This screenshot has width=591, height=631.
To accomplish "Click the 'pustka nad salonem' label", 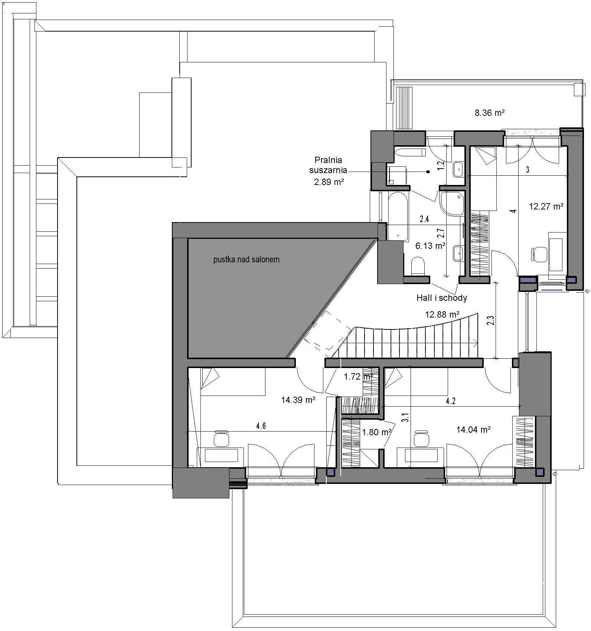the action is click(x=246, y=260).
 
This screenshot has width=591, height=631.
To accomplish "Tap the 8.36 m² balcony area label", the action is click(x=490, y=113).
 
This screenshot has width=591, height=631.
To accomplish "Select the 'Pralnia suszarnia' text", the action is click(x=328, y=165).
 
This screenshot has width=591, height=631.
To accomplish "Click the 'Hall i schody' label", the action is click(x=442, y=297).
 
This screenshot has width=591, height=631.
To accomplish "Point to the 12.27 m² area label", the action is click(x=546, y=206).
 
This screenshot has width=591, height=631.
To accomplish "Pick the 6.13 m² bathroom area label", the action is click(x=431, y=246).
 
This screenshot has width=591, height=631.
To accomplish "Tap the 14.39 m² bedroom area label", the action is click(x=298, y=400).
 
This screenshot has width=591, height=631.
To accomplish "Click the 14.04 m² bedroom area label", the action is click(x=474, y=430).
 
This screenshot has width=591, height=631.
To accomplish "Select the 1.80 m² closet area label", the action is click(x=377, y=432).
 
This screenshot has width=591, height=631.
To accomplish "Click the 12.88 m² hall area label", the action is click(x=443, y=315).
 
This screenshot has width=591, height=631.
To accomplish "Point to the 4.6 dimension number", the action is click(x=261, y=426).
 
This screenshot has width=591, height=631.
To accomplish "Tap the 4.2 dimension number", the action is click(x=451, y=401).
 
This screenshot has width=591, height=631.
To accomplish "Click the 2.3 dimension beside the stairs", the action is click(x=491, y=321).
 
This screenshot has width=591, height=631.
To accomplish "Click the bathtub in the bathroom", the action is click(x=398, y=216).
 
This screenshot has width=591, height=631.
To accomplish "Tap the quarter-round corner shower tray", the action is click(x=451, y=203).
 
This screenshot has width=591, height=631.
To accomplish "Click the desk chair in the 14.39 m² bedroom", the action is click(x=221, y=439).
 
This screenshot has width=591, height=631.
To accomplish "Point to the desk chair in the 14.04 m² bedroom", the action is click(x=421, y=439).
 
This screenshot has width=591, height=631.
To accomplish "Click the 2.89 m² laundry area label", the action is click(x=328, y=182).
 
